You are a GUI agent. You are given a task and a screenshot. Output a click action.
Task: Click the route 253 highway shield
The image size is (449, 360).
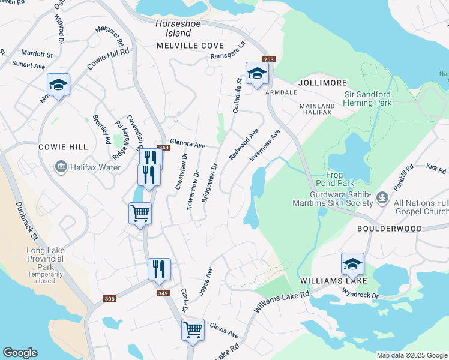click(268, 59)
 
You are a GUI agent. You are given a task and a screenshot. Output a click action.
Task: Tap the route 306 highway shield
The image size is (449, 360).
click(109, 298)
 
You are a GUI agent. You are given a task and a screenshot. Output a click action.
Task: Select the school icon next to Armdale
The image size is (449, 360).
click(257, 74)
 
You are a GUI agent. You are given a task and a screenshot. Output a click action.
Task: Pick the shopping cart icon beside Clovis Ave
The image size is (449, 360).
click(193, 329)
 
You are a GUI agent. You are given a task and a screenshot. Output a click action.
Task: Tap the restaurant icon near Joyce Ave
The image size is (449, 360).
click(159, 269)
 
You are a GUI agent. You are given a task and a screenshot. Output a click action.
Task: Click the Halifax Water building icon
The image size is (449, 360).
click(60, 166)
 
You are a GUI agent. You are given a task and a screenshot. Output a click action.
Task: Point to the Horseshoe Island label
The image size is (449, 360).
click(173, 28)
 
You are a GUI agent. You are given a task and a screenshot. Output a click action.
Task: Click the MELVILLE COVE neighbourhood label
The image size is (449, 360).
click(190, 46)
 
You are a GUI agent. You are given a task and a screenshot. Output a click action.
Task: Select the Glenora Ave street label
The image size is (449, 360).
click(188, 145)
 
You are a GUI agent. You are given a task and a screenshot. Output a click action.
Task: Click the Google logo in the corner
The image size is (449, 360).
click(20, 353)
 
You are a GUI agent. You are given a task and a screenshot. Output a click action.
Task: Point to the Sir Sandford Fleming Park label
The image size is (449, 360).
click(368, 98)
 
